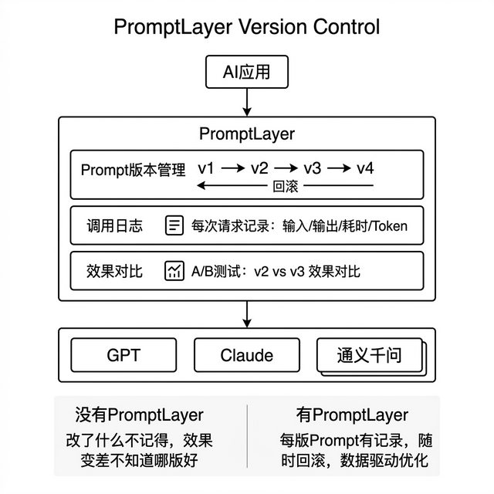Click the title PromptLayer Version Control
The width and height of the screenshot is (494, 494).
click(247, 27)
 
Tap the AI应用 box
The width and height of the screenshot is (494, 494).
click(247, 73)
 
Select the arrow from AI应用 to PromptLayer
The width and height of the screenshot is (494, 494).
click(247, 101)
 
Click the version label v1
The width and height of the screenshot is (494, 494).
click(206, 168)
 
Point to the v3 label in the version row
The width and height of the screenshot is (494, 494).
click(312, 168)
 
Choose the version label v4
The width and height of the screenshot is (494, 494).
click(364, 168)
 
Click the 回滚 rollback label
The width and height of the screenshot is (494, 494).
click(286, 186)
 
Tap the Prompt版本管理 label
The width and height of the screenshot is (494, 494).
click(133, 170)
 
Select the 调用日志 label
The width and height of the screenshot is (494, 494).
click(114, 226)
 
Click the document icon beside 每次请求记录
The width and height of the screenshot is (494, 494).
click(174, 226)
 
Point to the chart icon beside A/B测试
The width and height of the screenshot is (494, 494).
click(174, 271)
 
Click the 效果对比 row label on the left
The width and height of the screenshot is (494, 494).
click(114, 271)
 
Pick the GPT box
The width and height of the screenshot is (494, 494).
click(124, 355)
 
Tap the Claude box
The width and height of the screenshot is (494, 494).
click(247, 355)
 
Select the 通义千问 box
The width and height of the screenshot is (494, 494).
click(369, 356)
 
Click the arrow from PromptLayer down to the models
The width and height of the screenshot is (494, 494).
click(247, 313)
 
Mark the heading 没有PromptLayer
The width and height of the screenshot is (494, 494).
click(139, 414)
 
